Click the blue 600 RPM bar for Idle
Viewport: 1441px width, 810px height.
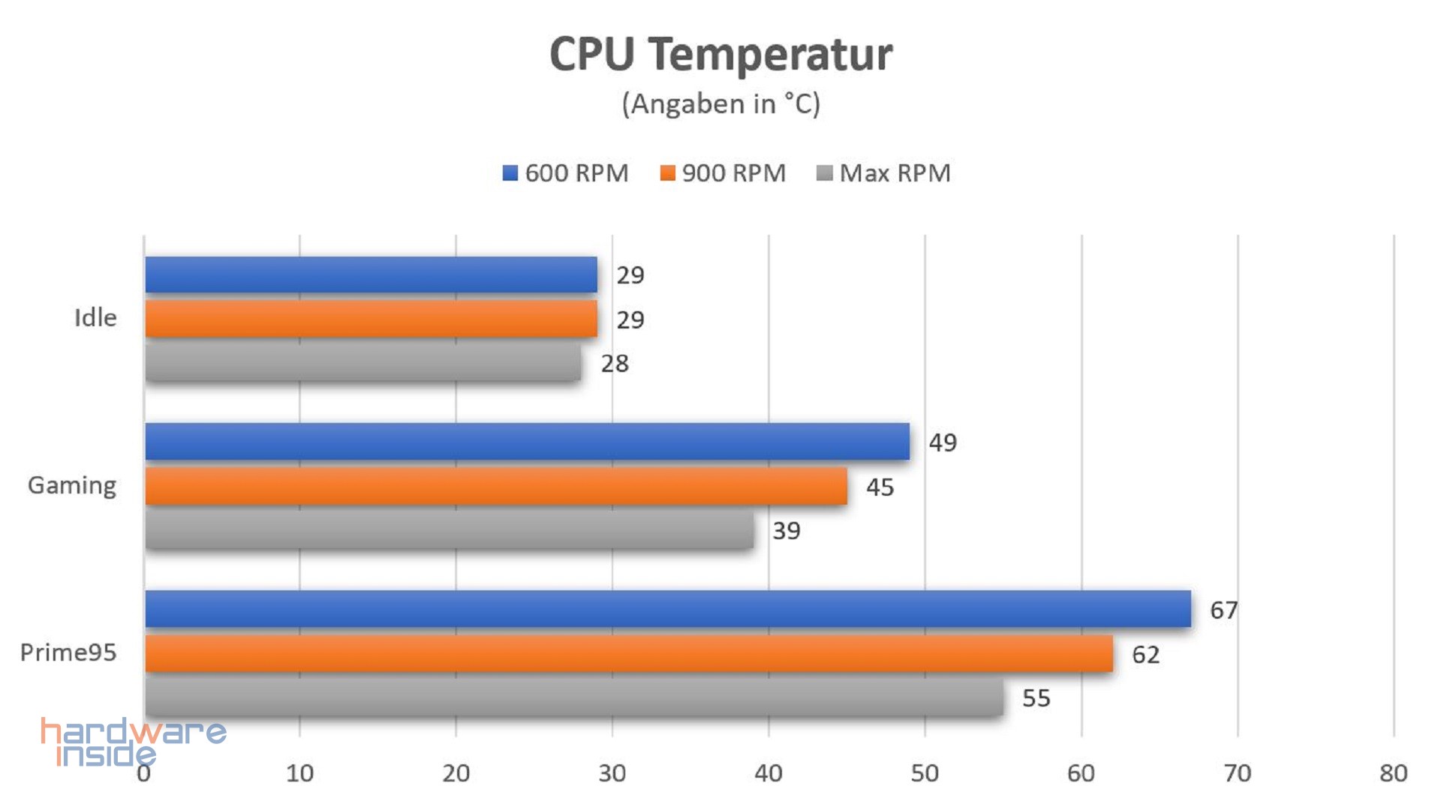pos(371,274)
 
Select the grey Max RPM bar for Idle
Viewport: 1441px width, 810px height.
pos(363,363)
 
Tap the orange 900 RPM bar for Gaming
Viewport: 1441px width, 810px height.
pos(495,486)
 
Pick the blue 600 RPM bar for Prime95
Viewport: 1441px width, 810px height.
pos(667,608)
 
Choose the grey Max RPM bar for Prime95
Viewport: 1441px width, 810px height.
pos(573,697)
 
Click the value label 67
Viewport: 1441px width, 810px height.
pos(1223,610)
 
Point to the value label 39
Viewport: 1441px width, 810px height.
pos(787,531)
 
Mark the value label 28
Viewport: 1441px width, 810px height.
pos(615,364)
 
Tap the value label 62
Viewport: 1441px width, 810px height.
pos(1145,655)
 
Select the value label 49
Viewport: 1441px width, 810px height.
pos(943,442)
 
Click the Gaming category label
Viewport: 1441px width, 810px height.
pos(72,486)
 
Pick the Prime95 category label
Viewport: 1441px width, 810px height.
pos(68,652)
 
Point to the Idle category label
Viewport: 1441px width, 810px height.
pos(95,318)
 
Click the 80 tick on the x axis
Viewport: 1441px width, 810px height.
pos(1393,773)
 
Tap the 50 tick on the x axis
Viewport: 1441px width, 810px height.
pos(925,773)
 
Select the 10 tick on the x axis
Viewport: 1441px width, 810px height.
pos(299,773)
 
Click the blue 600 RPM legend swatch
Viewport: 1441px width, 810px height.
pos(510,173)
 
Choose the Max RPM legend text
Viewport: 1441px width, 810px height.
pos(895,173)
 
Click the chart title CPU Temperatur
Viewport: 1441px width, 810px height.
pos(720,54)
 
